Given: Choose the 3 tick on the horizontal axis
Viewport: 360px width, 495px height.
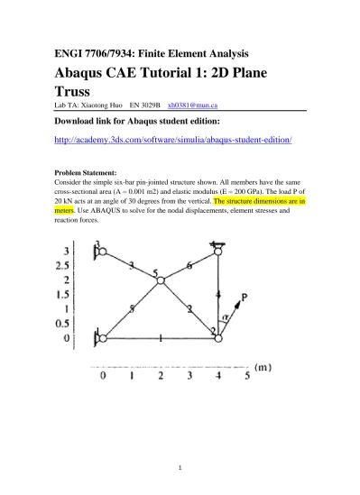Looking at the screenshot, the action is pyautogui.click(x=190, y=375).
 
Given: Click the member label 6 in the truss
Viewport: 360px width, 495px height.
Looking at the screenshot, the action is pyautogui.click(x=189, y=267).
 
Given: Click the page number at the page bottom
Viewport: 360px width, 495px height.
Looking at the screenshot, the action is pyautogui.click(x=180, y=468).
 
